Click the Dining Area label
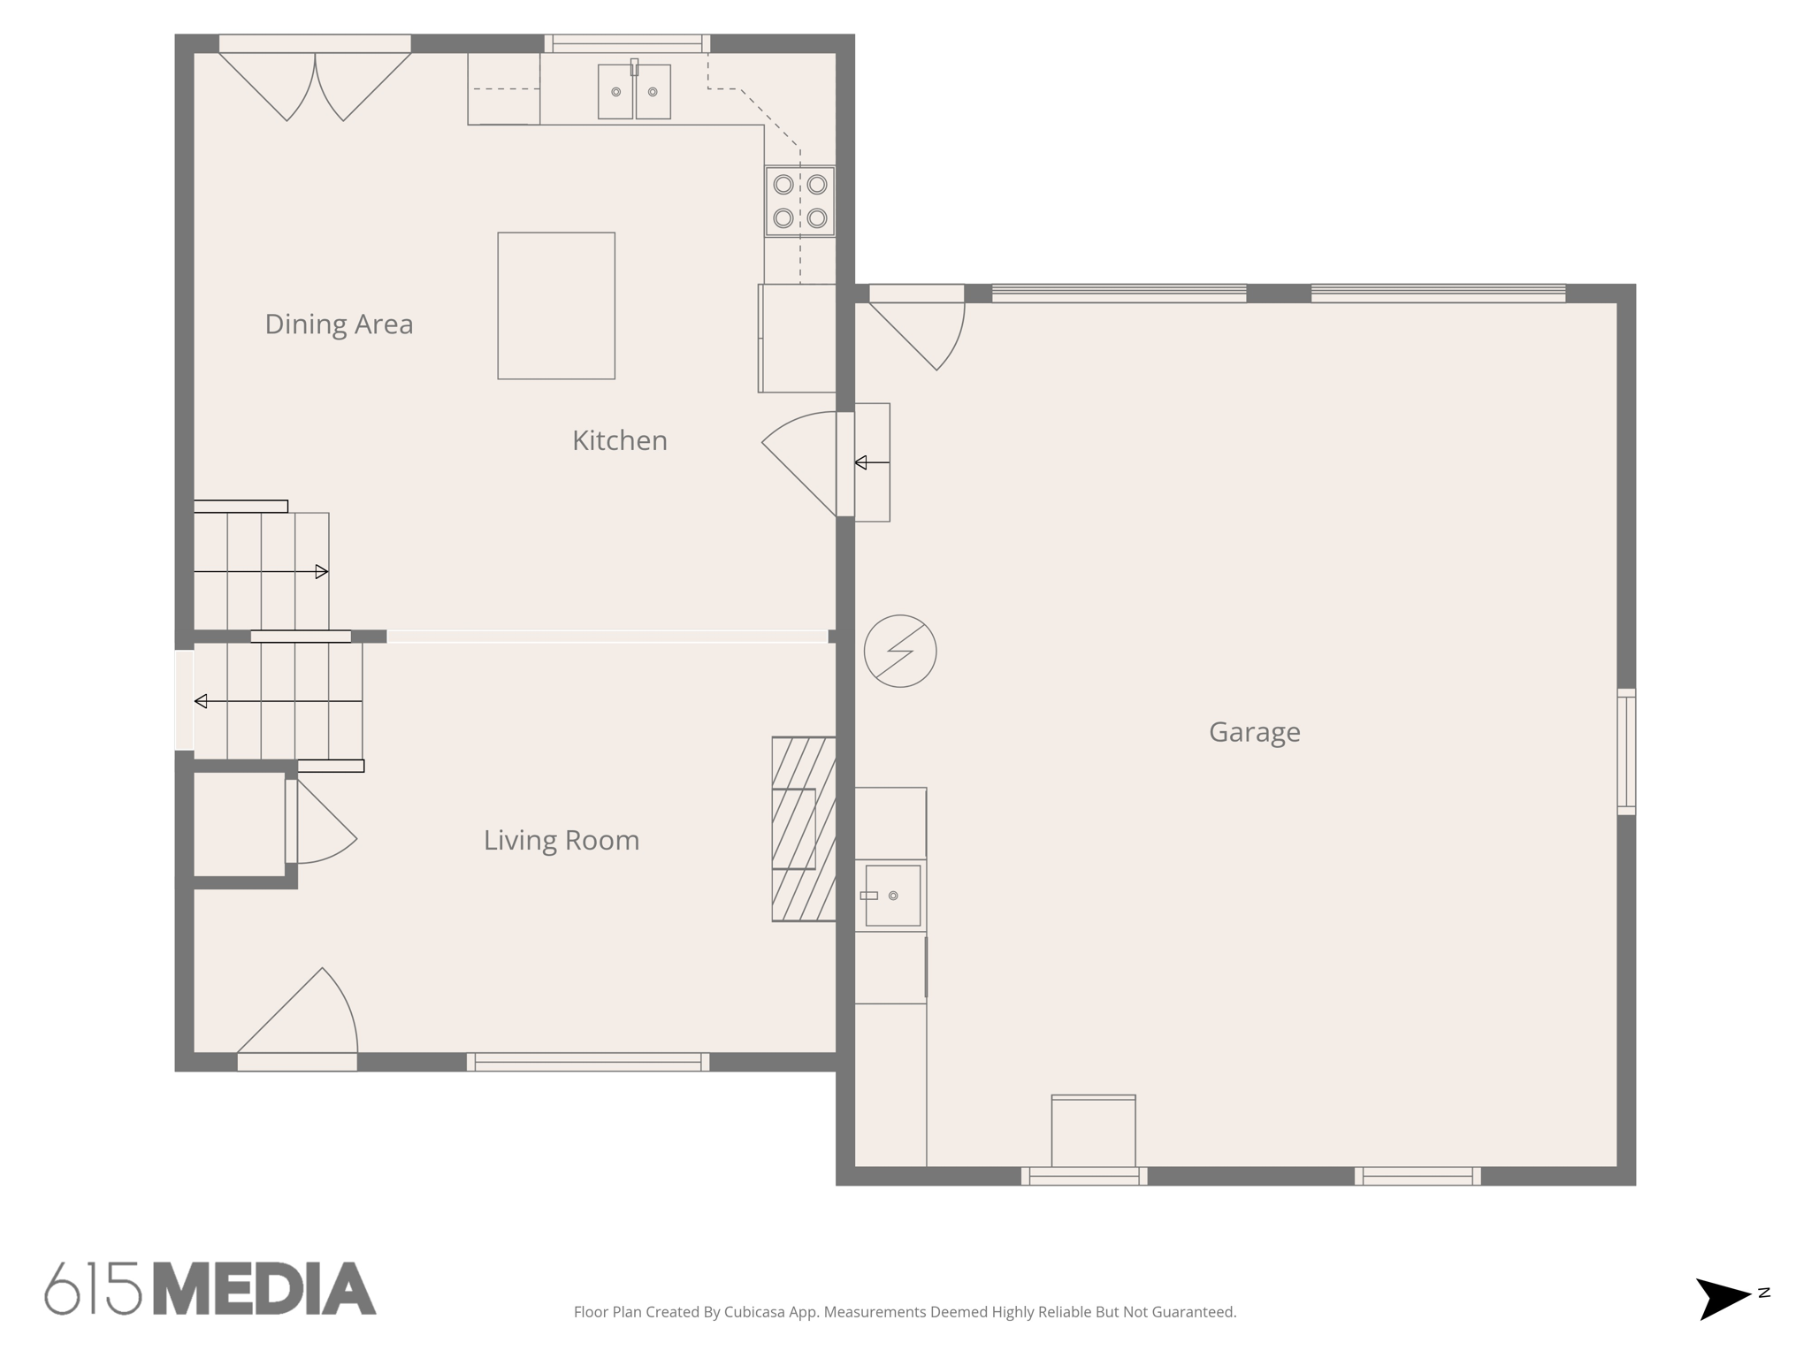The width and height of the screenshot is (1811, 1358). (339, 324)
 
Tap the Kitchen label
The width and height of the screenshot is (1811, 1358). (619, 440)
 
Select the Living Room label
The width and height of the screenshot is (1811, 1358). (561, 840)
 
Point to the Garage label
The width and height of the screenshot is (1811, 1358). (1254, 732)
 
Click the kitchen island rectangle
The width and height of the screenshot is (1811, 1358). (556, 306)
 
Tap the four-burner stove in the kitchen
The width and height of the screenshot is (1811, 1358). (800, 201)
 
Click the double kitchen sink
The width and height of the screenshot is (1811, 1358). (634, 91)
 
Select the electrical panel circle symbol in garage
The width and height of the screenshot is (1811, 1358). (900, 651)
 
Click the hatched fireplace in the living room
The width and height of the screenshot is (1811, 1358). (803, 828)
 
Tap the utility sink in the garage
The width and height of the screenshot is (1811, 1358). (892, 896)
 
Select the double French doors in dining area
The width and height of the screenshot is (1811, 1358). (315, 84)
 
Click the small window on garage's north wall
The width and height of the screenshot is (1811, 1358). (1626, 751)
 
